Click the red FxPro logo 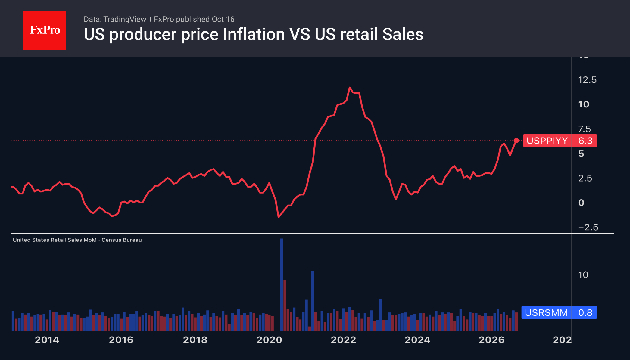(x=45, y=30)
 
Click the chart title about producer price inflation (x=254, y=34)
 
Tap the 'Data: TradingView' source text (x=115, y=19)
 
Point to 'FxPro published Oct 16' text (x=194, y=19)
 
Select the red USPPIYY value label (x=560, y=141)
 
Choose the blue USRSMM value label (x=559, y=312)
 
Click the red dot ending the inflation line (x=516, y=141)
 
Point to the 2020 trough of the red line (x=279, y=217)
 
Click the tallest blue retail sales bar (x=282, y=284)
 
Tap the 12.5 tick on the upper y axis (x=587, y=80)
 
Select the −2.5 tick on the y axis (x=588, y=227)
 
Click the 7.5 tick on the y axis (x=585, y=129)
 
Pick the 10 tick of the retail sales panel (x=583, y=275)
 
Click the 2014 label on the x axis (x=47, y=340)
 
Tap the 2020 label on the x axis (x=269, y=340)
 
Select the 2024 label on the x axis (x=417, y=340)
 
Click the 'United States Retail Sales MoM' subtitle (x=55, y=240)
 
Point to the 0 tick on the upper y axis (x=581, y=203)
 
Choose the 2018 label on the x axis (x=195, y=340)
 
